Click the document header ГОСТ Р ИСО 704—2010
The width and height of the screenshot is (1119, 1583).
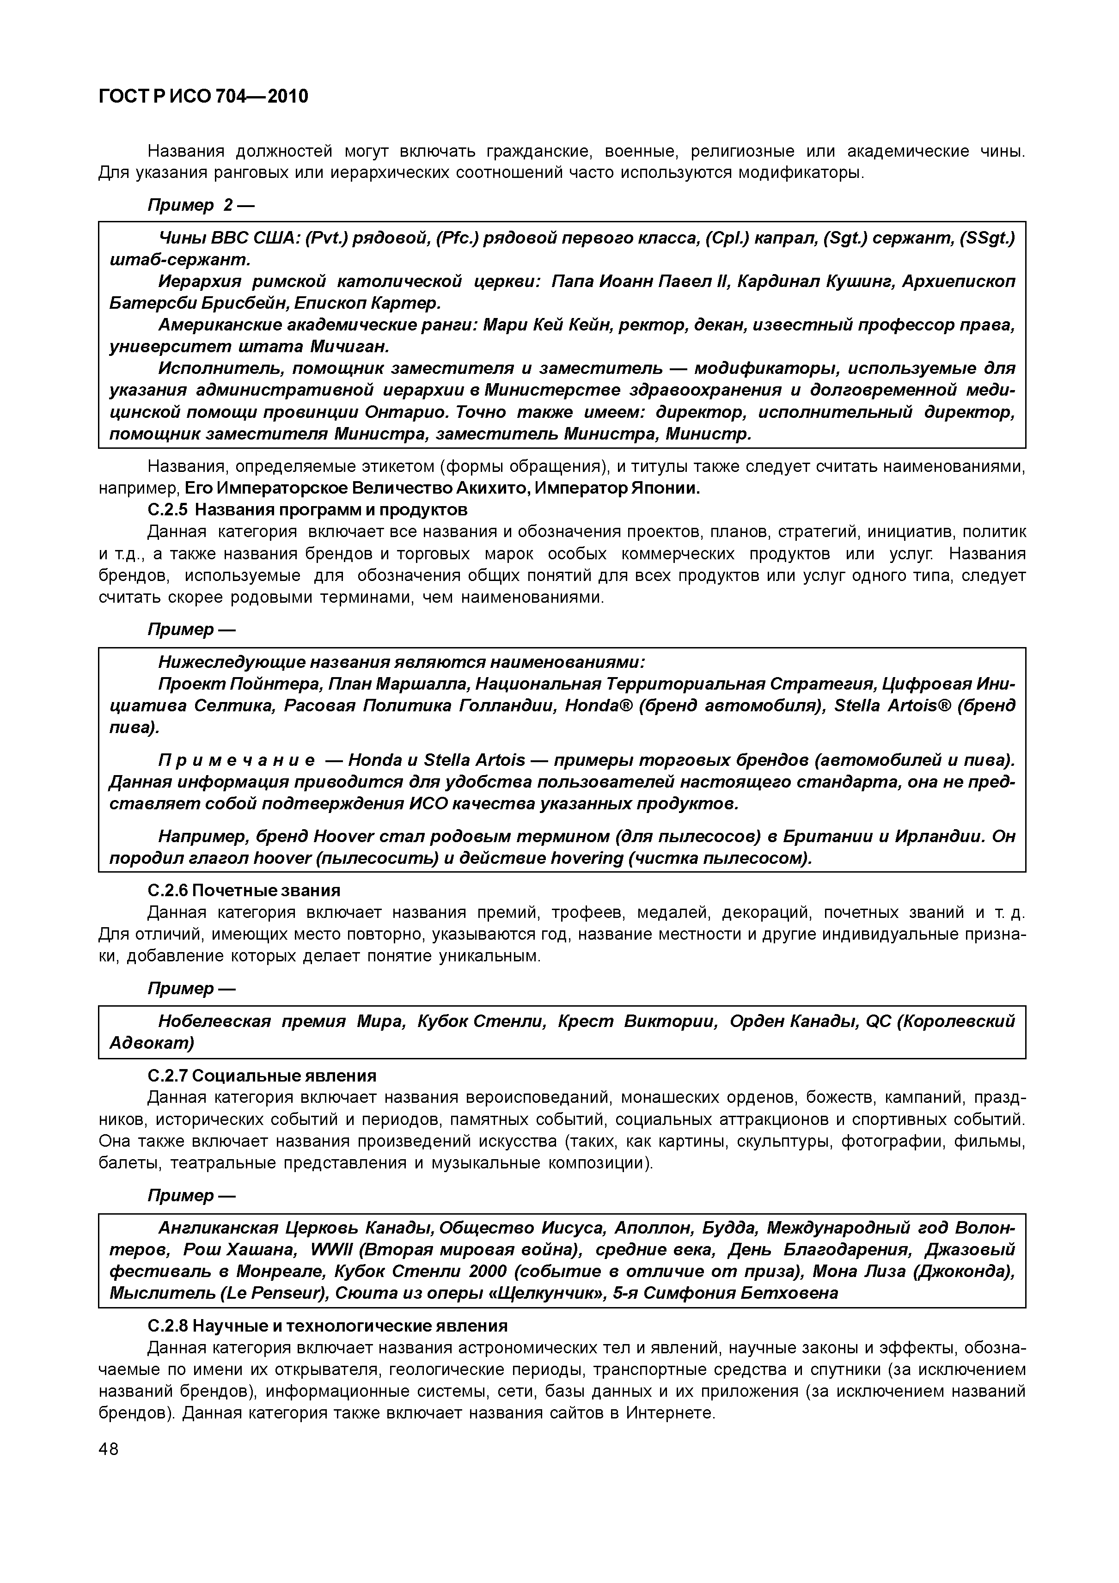203,97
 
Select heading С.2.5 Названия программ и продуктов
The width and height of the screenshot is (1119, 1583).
307,510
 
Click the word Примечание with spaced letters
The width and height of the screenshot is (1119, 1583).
237,760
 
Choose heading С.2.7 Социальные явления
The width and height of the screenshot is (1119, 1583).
262,1076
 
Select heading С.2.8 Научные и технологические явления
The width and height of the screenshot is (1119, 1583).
328,1326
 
